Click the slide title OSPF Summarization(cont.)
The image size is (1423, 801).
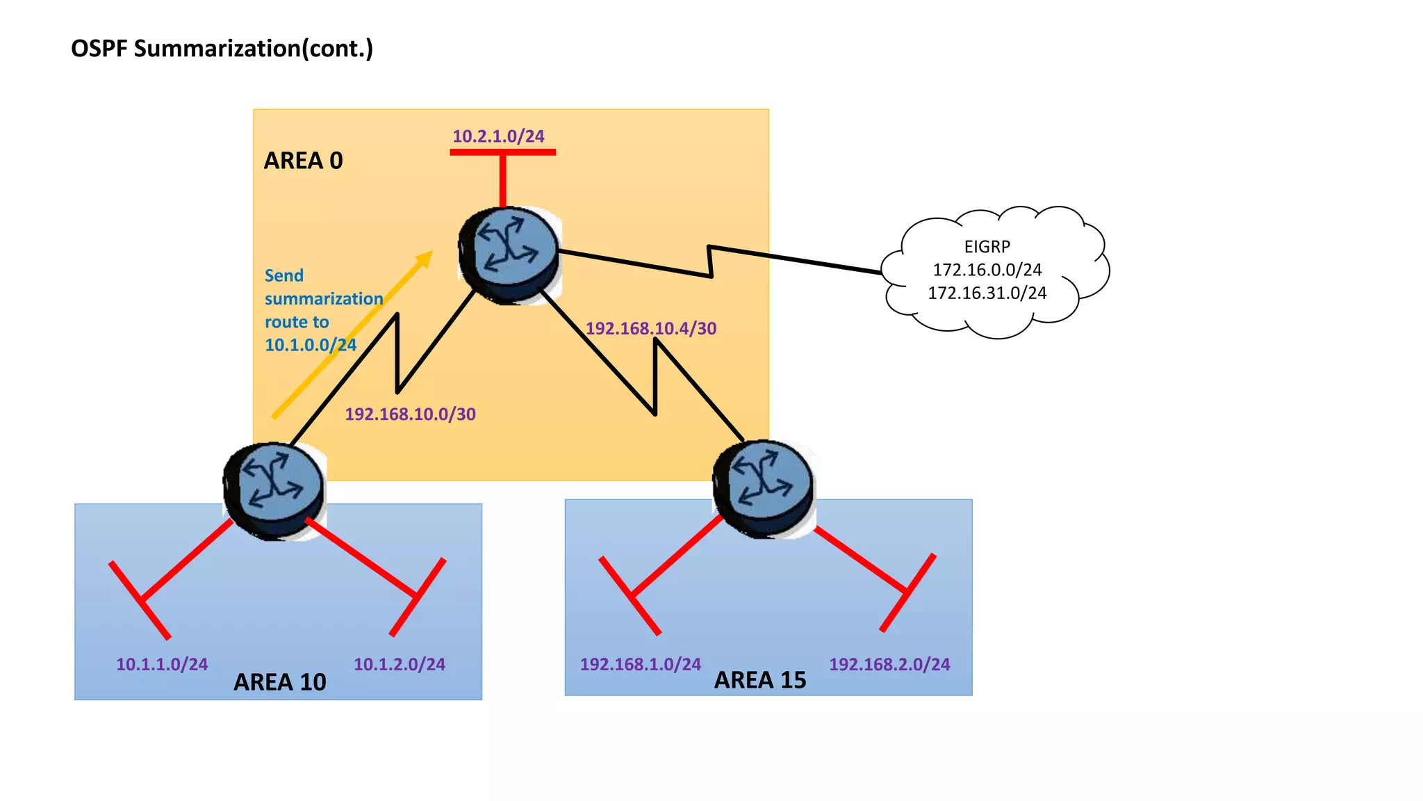[x=222, y=49]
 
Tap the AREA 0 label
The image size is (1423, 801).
[x=303, y=161]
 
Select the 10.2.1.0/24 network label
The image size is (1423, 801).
[x=498, y=136]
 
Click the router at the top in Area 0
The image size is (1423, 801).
[x=509, y=254]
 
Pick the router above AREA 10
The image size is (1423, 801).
[x=274, y=490]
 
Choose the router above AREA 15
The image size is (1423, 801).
[x=764, y=487]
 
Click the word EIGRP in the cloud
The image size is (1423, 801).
[x=987, y=247]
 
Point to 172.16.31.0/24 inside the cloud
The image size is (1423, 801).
[x=987, y=293]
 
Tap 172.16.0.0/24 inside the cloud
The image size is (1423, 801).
[x=987, y=270]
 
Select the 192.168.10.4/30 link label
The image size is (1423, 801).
[x=650, y=328]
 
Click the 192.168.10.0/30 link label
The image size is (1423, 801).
[x=410, y=414]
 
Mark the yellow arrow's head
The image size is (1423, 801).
[x=425, y=259]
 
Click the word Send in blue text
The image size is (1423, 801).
[x=284, y=276]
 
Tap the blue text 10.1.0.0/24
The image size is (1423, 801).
[x=311, y=345]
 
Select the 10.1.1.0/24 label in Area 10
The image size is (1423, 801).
[x=162, y=665]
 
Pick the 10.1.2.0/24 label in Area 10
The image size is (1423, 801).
[x=400, y=665]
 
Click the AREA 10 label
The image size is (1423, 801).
[x=279, y=682]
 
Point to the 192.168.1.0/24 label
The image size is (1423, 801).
[x=640, y=665]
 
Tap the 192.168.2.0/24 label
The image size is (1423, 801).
[x=889, y=665]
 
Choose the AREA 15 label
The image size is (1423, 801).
[x=760, y=680]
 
